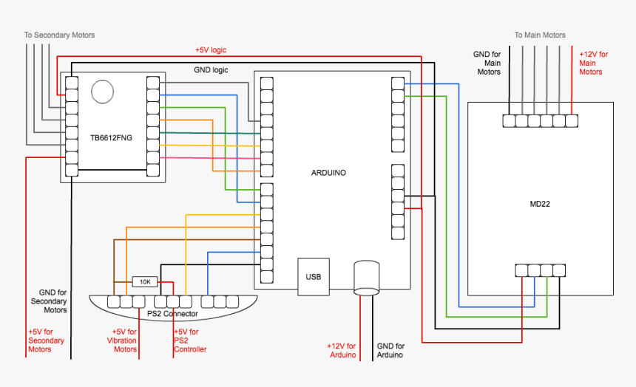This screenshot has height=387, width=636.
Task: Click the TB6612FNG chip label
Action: [111, 137]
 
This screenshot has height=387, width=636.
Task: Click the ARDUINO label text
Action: [328, 173]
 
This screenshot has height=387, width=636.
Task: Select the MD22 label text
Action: [540, 203]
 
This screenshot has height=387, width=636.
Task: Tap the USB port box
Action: [314, 277]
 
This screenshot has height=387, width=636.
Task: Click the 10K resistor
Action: [145, 281]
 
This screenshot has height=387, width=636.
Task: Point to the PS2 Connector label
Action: [172, 314]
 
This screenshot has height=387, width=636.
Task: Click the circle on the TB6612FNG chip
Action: [102, 91]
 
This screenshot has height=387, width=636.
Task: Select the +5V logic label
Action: [211, 49]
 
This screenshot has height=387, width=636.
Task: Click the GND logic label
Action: [211, 70]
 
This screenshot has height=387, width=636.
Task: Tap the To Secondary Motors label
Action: [59, 35]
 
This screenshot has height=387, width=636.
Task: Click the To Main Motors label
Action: [540, 35]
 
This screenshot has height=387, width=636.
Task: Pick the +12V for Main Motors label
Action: [592, 63]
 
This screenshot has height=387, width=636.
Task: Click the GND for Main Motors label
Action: [488, 63]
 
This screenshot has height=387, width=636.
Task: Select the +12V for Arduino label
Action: [341, 350]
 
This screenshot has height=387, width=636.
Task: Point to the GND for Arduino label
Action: [390, 350]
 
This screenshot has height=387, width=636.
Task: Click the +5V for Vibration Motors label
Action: [124, 340]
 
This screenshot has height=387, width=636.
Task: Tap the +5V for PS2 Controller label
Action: [189, 340]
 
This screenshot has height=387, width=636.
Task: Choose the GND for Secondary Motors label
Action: [49, 301]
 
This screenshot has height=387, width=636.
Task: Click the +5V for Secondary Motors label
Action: [46, 340]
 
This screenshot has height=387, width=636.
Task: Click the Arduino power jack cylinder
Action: [366, 277]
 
